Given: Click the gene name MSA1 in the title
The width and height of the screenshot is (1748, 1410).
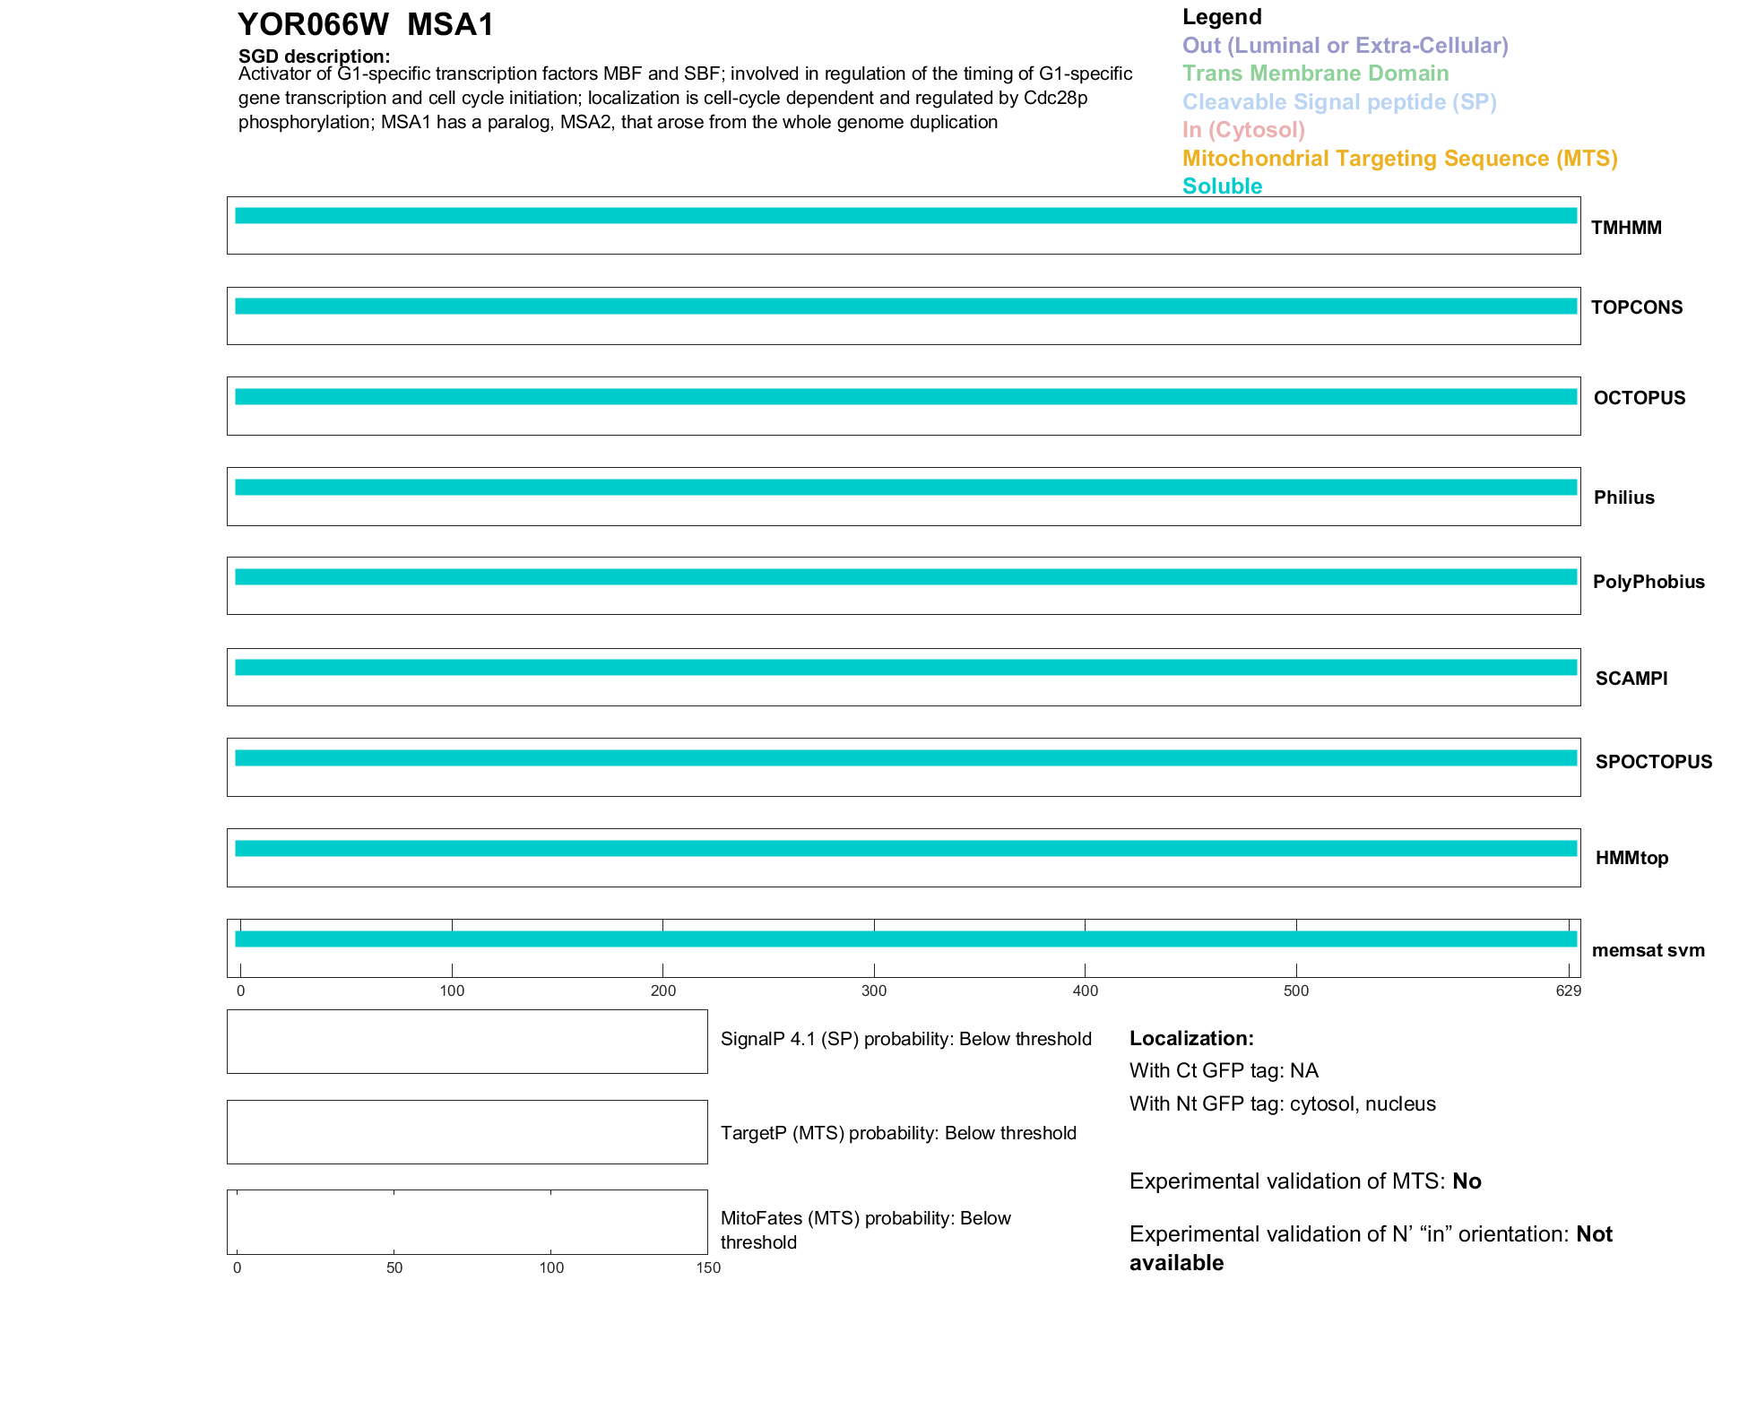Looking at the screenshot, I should tap(450, 25).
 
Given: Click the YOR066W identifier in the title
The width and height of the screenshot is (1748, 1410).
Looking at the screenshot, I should tap(313, 25).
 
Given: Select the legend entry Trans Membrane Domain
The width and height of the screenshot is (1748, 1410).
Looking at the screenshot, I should tap(1315, 74).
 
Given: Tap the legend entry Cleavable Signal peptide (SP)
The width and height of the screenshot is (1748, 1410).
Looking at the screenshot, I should tap(1339, 102).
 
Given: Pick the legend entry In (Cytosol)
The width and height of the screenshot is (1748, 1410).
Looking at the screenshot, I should tap(1243, 130).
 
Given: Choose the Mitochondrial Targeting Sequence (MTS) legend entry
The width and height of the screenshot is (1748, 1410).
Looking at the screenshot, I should tap(1399, 159).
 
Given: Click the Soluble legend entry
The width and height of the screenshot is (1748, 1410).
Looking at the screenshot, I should tap(1222, 186).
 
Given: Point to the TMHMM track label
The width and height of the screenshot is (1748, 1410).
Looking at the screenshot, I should tap(1626, 228).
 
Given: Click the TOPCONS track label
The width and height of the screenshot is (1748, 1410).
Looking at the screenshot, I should tap(1637, 307).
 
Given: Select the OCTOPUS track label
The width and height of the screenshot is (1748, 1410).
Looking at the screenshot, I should tap(1640, 398).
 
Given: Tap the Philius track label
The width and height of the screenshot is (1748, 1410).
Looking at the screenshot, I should tap(1623, 497).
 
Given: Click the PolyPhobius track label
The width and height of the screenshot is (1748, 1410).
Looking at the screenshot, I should tap(1648, 582).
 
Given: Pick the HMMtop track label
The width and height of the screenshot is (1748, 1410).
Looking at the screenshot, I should tap(1631, 858).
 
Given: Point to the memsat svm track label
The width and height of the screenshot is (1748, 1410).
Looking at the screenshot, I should tap(1648, 950).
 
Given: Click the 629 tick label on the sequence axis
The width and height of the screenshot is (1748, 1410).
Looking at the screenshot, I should tap(1568, 990).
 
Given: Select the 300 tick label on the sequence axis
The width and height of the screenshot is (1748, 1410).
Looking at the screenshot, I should tap(874, 990).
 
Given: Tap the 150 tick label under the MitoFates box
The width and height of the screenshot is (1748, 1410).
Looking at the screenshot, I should tap(708, 1267).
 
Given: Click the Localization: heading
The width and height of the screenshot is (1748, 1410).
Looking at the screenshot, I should tap(1191, 1038).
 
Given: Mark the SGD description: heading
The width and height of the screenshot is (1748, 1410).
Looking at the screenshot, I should tap(314, 56).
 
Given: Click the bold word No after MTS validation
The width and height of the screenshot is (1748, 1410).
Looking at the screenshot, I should tap(1467, 1181).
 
